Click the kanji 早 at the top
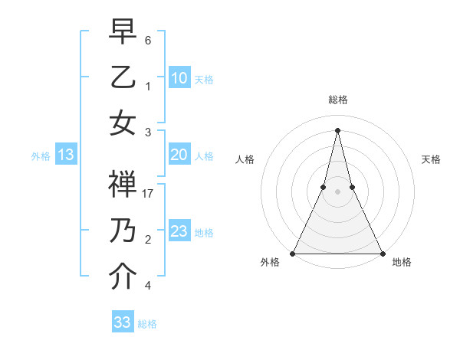123,34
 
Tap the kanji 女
123,123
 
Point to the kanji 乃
123,231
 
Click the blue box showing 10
179,78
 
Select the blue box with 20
179,155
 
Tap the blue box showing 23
179,231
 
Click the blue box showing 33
123,322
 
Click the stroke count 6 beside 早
148,40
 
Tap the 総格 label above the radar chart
337,100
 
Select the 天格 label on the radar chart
431,159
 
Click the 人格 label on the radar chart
245,159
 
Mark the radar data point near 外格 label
293,253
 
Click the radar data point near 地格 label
382,253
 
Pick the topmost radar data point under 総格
337,129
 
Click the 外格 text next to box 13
41,156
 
